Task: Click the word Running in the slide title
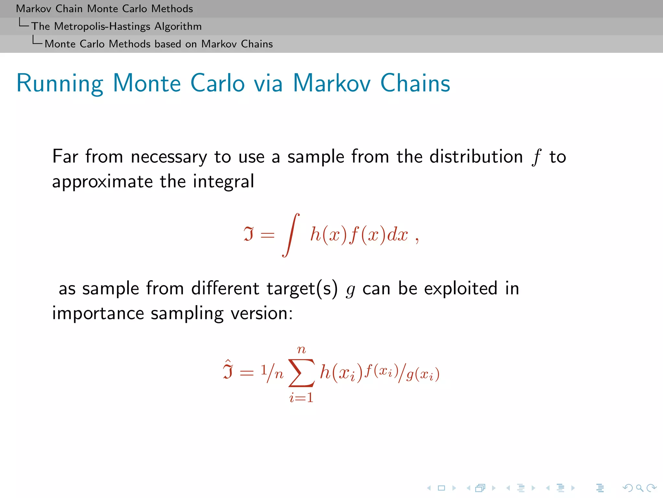60,84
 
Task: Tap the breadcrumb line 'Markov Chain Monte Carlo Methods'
104,8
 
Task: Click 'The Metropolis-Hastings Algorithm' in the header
116,26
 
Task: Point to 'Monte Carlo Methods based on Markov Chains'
159,44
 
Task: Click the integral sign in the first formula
291,235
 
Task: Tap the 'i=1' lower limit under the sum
301,397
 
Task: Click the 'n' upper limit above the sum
301,350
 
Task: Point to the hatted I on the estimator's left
228,370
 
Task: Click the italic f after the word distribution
536,157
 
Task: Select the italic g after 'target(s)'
350,290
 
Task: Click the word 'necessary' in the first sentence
169,157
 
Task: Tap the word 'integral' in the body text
223,182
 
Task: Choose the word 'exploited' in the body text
460,288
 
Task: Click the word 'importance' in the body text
98,314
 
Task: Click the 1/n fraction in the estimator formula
272,373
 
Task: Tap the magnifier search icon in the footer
639,488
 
